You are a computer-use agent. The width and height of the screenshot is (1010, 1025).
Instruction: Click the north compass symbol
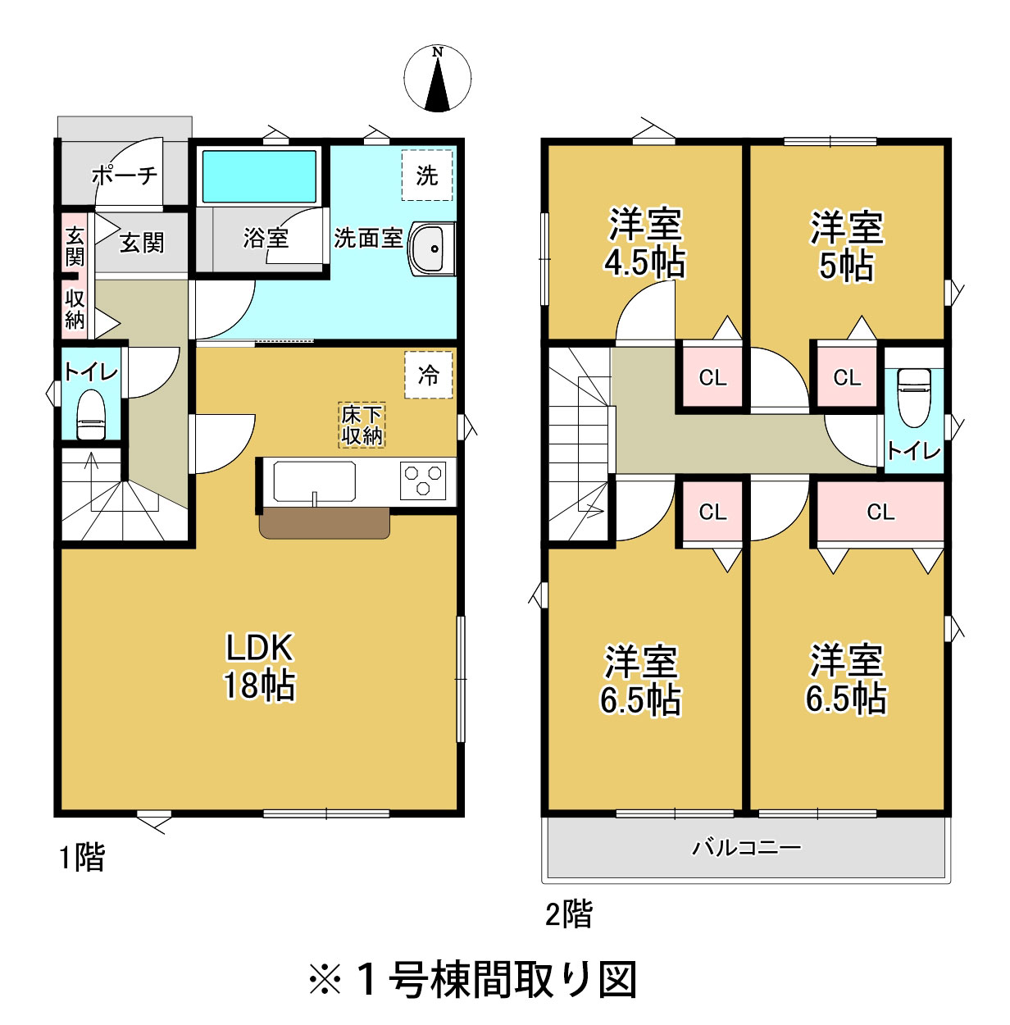(437, 79)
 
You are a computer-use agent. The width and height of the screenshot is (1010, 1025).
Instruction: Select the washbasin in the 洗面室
(432, 248)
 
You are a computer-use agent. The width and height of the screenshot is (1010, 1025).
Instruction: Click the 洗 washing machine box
(427, 175)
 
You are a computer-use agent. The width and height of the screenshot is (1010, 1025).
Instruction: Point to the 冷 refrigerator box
(428, 375)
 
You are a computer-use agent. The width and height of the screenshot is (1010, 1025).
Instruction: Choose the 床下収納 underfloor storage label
(362, 426)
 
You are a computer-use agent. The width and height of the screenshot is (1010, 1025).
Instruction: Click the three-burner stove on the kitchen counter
(423, 481)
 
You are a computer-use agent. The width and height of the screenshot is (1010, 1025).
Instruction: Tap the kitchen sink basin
(314, 481)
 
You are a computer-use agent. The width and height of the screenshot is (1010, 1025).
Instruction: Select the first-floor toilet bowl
(91, 414)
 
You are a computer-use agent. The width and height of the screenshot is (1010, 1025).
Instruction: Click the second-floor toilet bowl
(914, 398)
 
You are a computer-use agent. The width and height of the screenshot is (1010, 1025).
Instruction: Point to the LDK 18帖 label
(259, 667)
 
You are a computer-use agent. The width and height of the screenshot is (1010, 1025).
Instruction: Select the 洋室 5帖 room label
(847, 246)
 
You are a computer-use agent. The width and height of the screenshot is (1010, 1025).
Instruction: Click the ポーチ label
(125, 175)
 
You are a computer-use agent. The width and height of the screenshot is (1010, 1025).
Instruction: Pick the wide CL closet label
(880, 512)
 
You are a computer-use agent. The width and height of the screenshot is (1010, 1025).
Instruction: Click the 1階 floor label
(82, 857)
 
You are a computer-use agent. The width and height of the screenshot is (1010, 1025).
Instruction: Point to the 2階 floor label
(569, 913)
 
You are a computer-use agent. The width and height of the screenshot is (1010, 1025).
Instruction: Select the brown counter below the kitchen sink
(325, 523)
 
